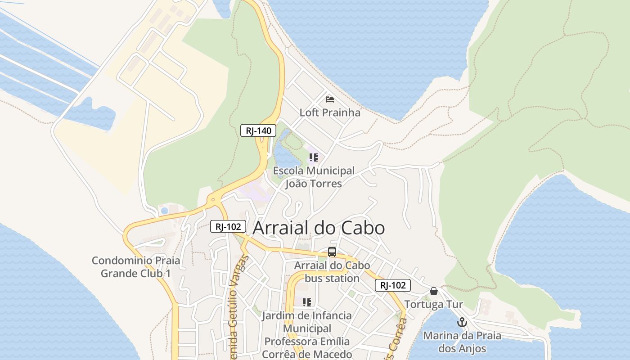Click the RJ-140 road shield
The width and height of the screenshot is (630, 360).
(258, 130)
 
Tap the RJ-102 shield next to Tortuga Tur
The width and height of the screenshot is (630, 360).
(393, 285)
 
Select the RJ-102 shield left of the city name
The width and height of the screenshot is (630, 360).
(228, 227)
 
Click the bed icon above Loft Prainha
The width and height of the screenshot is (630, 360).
(330, 99)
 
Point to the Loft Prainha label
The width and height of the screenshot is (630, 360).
(330, 112)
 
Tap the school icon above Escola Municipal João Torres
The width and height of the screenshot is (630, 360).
(314, 157)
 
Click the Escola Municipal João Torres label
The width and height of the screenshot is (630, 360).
(314, 177)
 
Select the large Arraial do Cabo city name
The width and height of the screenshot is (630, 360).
(319, 228)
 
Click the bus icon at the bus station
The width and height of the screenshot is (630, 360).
(332, 252)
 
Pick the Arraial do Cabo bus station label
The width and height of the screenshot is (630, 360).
(332, 272)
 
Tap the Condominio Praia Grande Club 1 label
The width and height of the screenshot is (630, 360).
(136, 267)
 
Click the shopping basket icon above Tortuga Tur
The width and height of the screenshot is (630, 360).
(434, 291)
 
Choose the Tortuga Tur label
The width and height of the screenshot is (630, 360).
(434, 305)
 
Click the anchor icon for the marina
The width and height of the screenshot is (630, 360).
(462, 322)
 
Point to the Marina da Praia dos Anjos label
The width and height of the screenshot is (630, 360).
(462, 342)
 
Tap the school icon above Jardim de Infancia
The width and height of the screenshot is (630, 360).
(307, 302)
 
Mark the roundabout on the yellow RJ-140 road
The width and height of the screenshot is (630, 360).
(212, 199)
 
